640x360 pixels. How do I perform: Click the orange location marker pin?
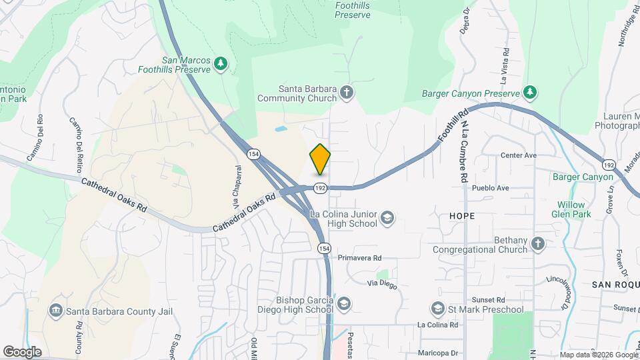point(321,159)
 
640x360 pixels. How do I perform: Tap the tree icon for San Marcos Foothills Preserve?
point(221,63)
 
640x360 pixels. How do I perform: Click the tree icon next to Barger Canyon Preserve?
point(530,93)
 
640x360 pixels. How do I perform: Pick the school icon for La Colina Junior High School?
point(387,218)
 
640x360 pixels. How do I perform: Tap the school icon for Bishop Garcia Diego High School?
point(343,305)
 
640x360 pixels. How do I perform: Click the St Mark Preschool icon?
point(437,309)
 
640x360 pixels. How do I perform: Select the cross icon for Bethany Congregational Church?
point(537,245)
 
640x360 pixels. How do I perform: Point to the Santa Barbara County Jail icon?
point(55,311)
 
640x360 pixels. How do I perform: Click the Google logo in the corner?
point(22,352)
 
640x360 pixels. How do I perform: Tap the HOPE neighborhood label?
point(461,216)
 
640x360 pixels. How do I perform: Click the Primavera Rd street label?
point(359,258)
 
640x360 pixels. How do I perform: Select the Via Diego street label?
point(382,285)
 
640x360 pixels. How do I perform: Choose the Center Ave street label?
point(519,155)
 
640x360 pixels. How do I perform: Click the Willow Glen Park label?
point(571,209)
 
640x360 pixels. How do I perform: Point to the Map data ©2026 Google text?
point(598,355)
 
